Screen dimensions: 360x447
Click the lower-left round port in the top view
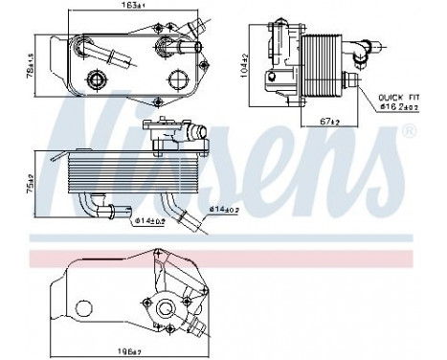click(x=97, y=79)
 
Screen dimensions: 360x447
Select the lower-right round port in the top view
click(x=176, y=79)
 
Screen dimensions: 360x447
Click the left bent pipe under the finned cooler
click(x=94, y=207)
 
